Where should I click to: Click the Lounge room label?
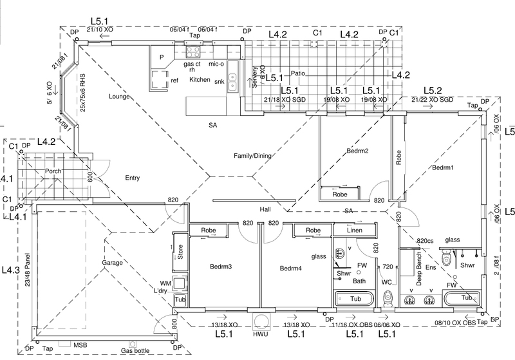(x=120, y=97)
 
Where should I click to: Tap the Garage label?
(x=112, y=263)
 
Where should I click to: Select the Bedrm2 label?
(x=357, y=152)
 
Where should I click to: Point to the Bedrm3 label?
(x=221, y=266)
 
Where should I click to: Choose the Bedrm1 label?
(x=443, y=167)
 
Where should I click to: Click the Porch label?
(x=53, y=171)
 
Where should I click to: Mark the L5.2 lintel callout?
(x=433, y=91)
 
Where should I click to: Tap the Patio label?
(x=298, y=73)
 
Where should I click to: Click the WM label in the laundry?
(x=165, y=283)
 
